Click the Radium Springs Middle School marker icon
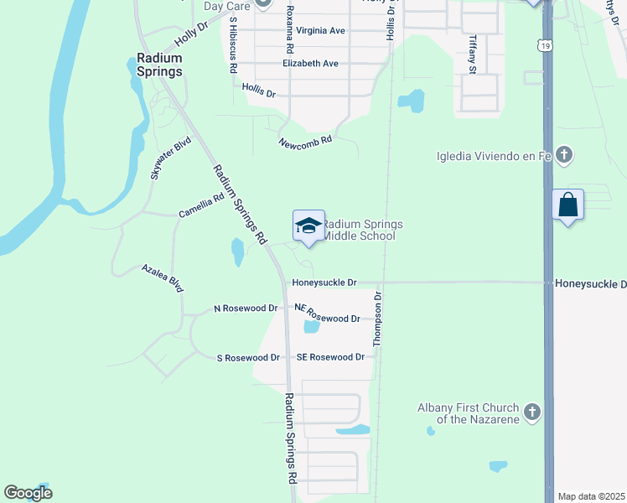point(308,226)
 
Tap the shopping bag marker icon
point(568,205)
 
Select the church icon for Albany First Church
point(531,412)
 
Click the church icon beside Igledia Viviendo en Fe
point(564,154)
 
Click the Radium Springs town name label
point(159,65)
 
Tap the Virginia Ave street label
point(314,30)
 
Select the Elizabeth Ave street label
point(310,64)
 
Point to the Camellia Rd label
point(201,206)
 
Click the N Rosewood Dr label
point(246,309)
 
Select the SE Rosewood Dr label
point(330,357)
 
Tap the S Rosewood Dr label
point(248,358)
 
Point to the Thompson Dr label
point(378,319)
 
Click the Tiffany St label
point(473,54)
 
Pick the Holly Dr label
point(190,37)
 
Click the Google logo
point(28,493)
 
